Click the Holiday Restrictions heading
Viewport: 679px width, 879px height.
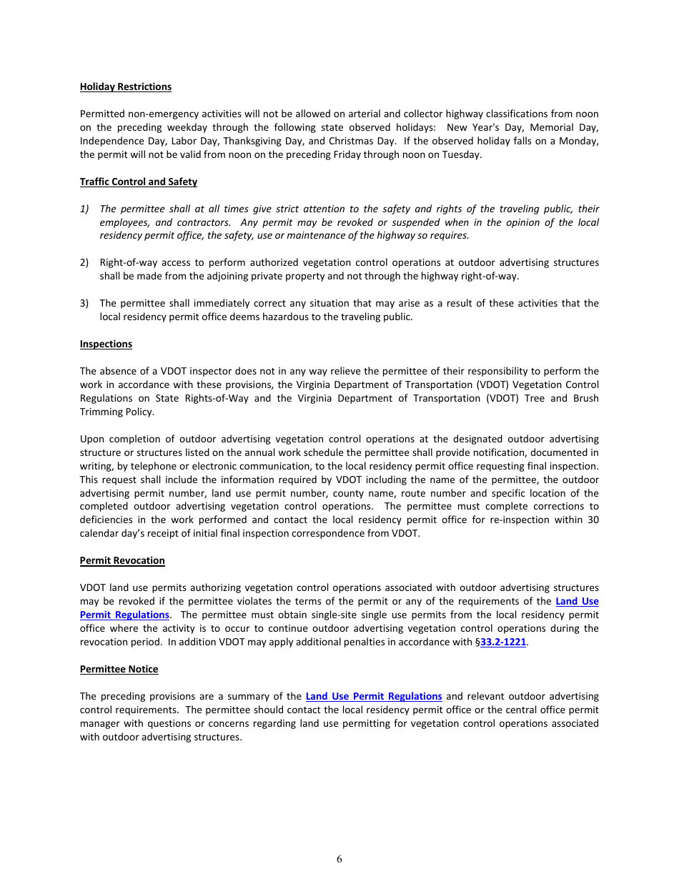(x=125, y=86)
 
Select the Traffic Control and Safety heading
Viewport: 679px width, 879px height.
(x=138, y=182)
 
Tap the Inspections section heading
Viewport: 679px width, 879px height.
(x=106, y=344)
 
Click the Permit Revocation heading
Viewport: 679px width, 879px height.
(x=122, y=560)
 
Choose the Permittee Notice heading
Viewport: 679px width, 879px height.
(x=119, y=669)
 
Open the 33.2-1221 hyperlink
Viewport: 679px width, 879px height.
(x=503, y=642)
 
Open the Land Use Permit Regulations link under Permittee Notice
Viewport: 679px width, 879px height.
(x=373, y=696)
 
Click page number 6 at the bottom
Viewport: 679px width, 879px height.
(x=339, y=859)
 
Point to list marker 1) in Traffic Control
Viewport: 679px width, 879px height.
(x=84, y=209)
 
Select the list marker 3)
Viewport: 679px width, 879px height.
(x=84, y=303)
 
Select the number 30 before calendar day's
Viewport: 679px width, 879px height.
(x=593, y=520)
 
